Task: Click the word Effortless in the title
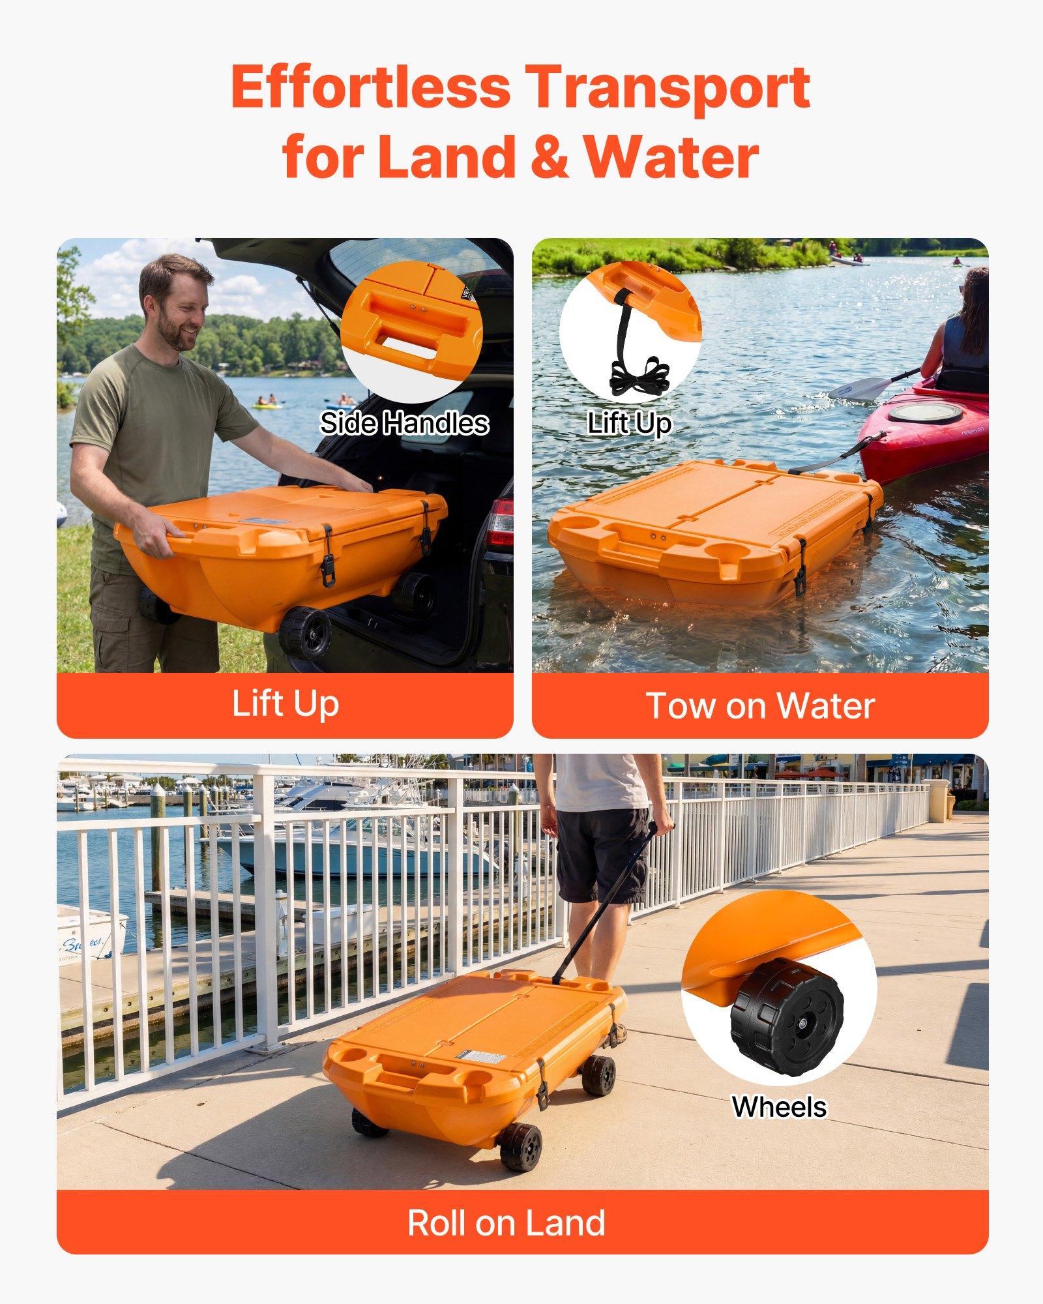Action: point(370,88)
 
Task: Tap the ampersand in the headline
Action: point(550,158)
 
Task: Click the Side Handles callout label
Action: point(404,424)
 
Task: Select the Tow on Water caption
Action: point(759,705)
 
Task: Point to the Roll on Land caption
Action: point(506,1222)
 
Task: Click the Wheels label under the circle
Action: point(779,1106)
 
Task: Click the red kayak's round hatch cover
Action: point(924,412)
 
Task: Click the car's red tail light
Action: point(500,522)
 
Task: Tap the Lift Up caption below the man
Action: point(285,704)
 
